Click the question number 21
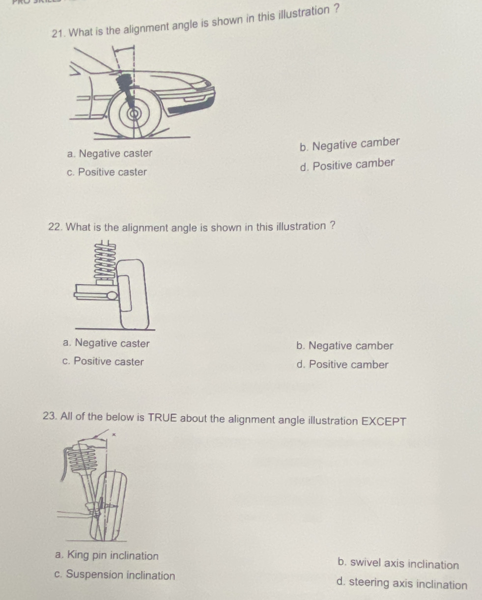tap(58, 34)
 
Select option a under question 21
tap(110, 153)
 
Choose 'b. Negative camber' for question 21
tap(350, 144)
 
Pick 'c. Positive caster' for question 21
tap(107, 172)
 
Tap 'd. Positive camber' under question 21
tap(347, 165)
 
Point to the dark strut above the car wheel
tap(125, 89)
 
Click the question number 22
tap(55, 227)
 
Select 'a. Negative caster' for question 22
tap(106, 343)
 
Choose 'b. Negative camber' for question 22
tap(345, 346)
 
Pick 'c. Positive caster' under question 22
tap(103, 361)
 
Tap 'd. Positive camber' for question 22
tap(342, 364)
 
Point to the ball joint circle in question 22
tap(112, 295)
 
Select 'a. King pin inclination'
tap(107, 555)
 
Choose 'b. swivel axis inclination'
tap(398, 564)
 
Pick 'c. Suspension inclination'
tap(114, 574)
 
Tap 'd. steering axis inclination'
tap(402, 583)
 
